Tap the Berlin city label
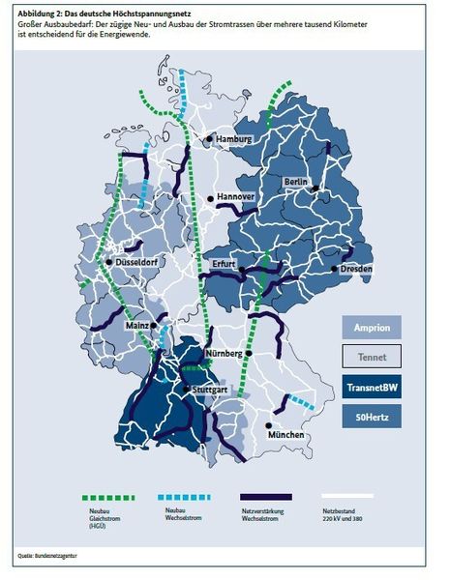(x=297, y=183)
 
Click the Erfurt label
(x=225, y=264)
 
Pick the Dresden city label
(x=358, y=268)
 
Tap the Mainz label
(x=135, y=326)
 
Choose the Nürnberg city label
(x=225, y=354)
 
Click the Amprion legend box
(x=373, y=328)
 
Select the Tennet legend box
(x=373, y=357)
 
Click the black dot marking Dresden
(x=334, y=269)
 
